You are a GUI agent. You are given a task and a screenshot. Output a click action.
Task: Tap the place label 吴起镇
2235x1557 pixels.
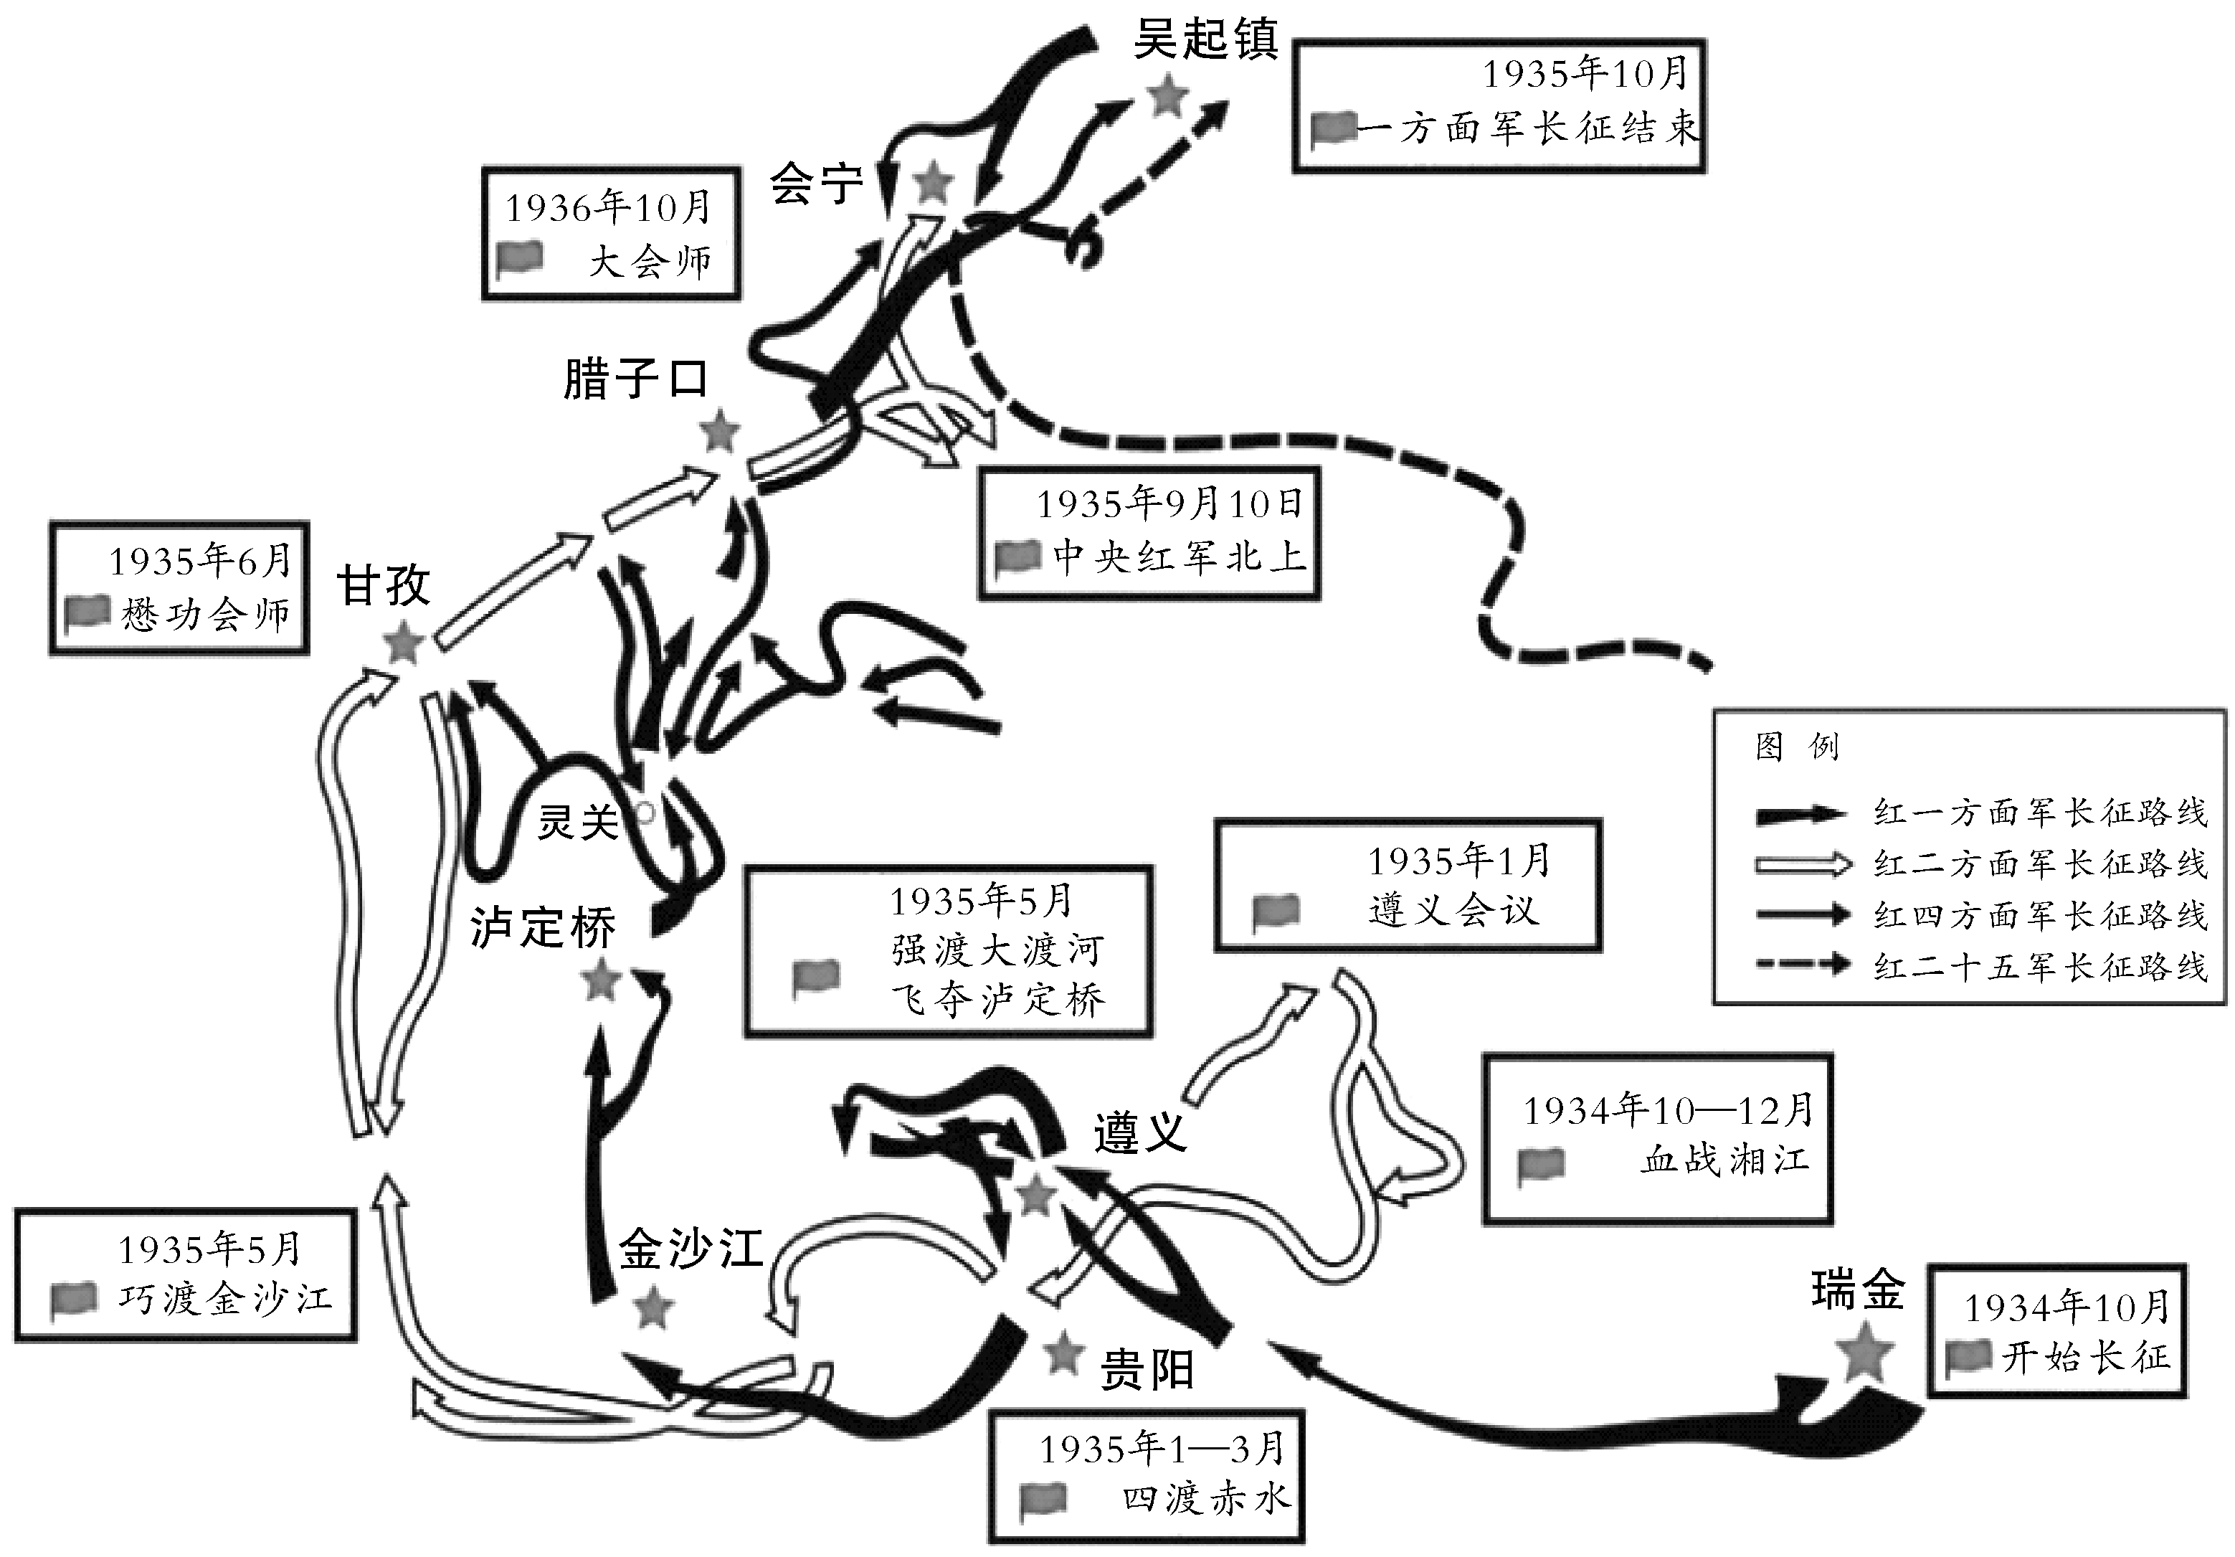pos(1205,42)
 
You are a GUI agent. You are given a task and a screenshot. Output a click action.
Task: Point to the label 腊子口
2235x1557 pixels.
pos(635,379)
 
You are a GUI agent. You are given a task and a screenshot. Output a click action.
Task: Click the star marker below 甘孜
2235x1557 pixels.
pos(402,643)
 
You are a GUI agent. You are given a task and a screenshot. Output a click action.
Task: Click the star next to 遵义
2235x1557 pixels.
pos(1035,1194)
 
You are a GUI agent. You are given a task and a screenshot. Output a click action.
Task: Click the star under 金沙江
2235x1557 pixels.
pos(653,1307)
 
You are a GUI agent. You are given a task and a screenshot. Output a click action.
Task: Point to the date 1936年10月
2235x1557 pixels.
pos(607,207)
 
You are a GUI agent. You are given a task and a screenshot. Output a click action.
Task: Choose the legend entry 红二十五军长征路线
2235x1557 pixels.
pos(2039,967)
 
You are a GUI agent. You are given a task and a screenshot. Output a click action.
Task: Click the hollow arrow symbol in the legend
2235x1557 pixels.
pos(1801,863)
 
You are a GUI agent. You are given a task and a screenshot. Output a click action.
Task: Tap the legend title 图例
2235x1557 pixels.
pos(1796,747)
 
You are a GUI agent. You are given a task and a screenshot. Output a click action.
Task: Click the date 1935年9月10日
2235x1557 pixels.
pos(1168,503)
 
